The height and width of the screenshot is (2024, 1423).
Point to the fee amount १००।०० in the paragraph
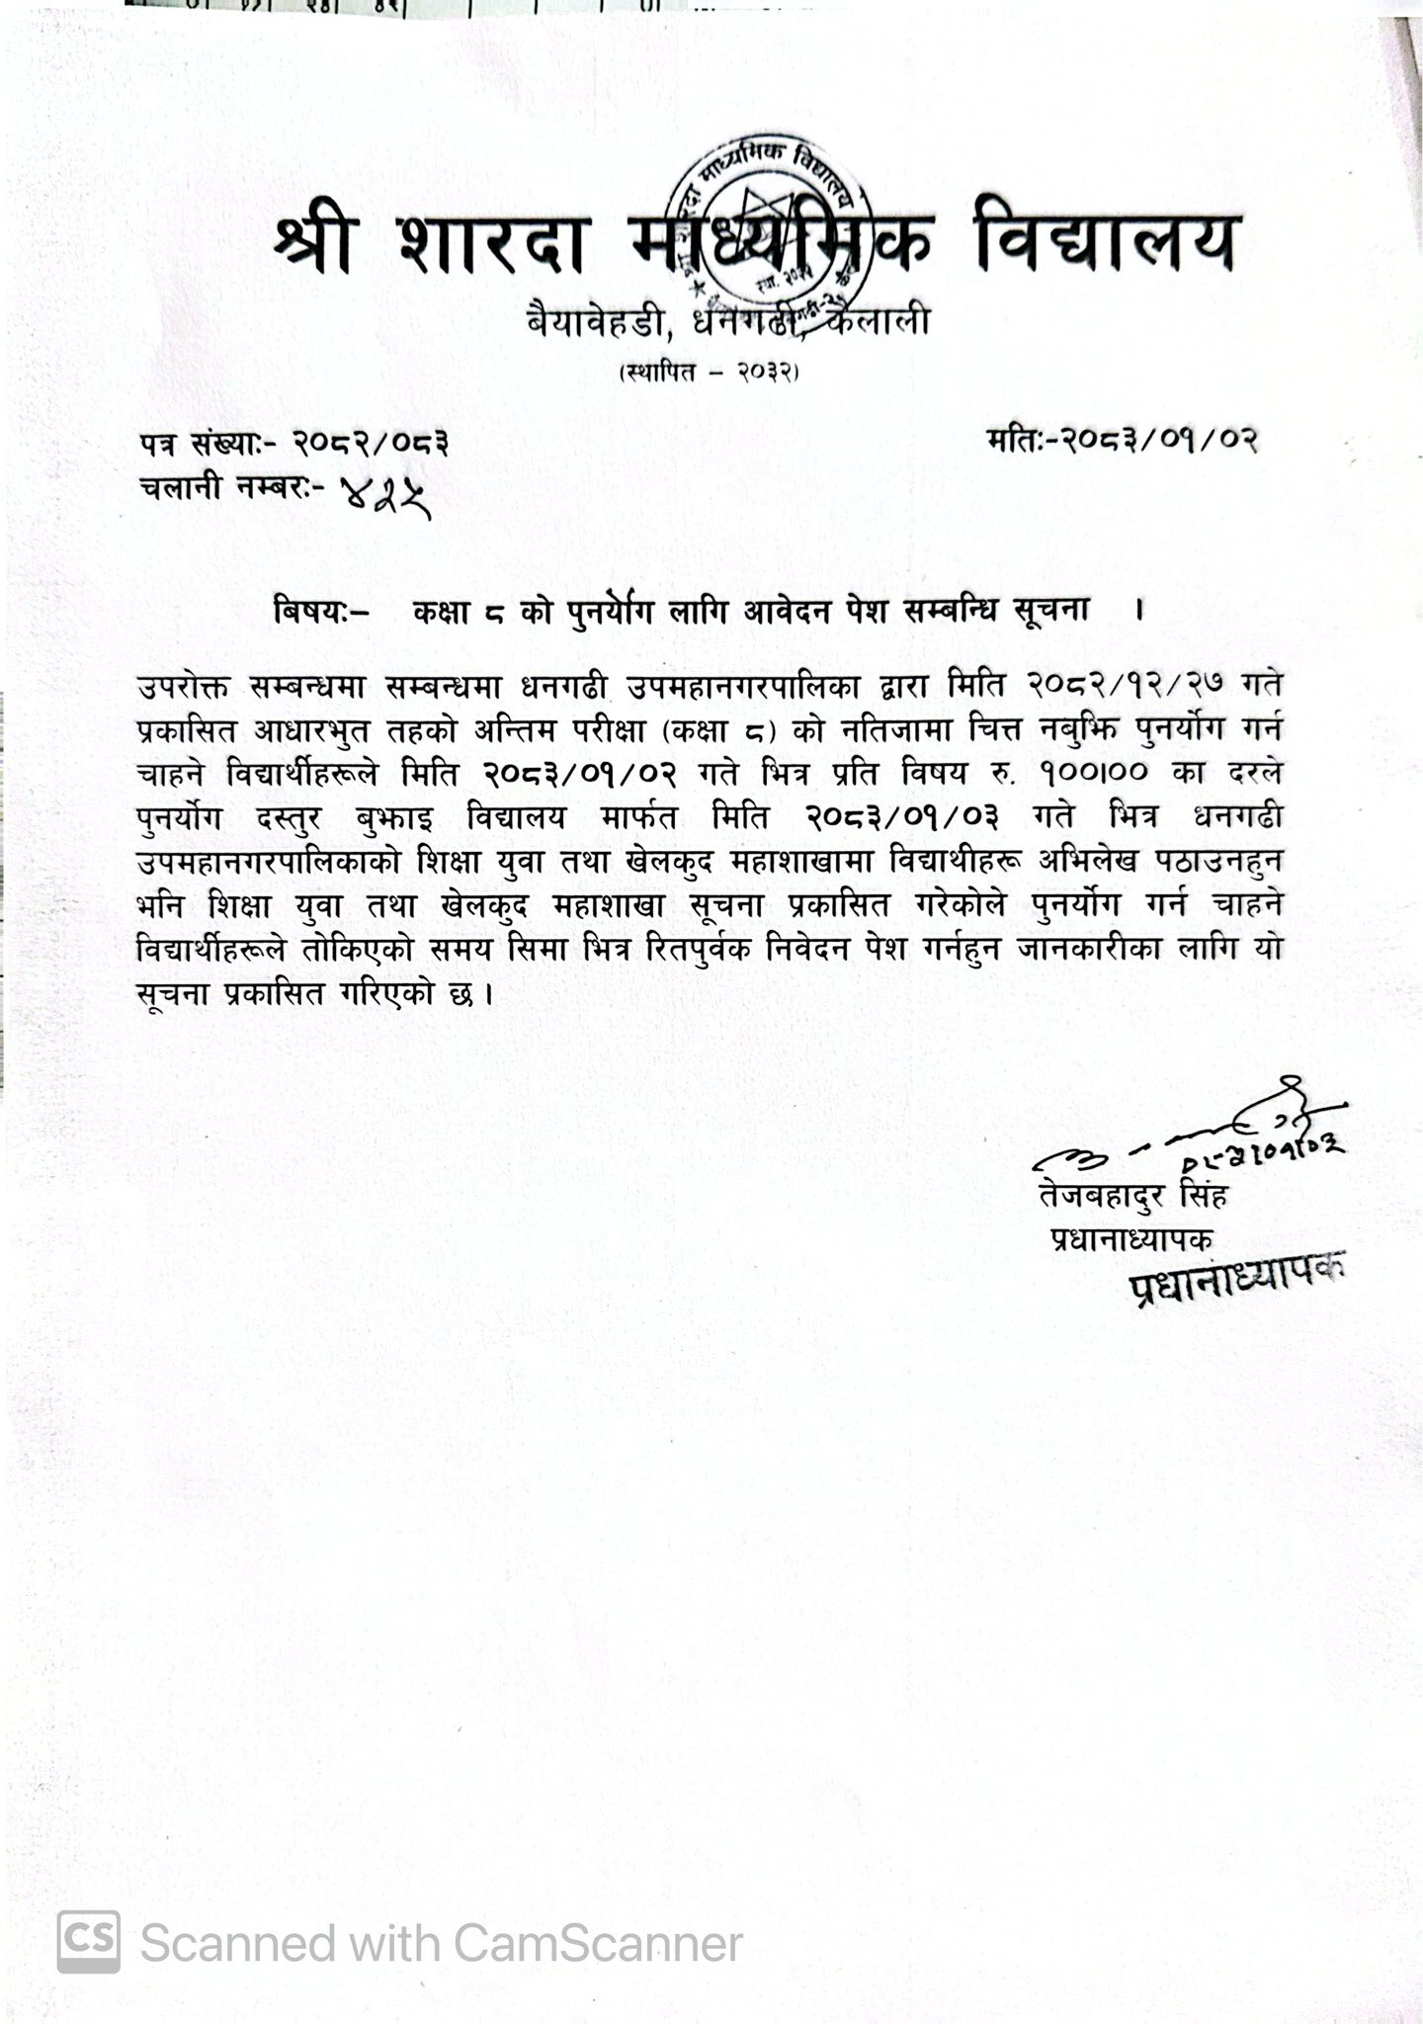(x=1093, y=772)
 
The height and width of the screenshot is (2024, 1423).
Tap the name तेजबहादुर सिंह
(x=1131, y=1197)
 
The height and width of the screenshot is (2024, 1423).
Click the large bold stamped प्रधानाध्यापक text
(x=1235, y=1283)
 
